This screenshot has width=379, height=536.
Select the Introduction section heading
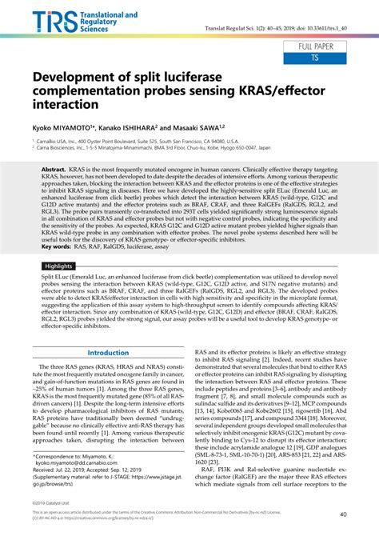pyautogui.click(x=108, y=352)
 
